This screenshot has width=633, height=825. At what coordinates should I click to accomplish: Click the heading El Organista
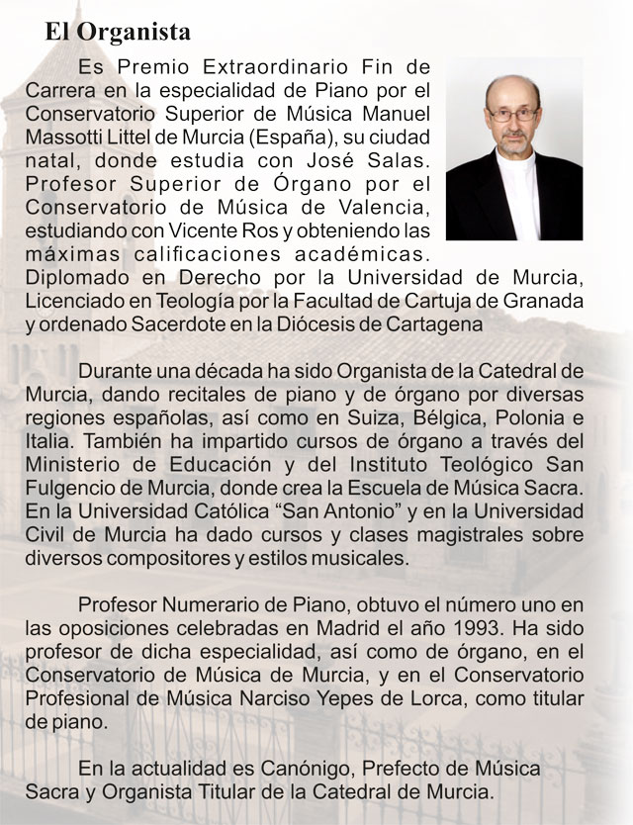(118, 32)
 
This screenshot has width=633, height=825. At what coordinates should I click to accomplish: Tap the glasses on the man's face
(513, 115)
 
